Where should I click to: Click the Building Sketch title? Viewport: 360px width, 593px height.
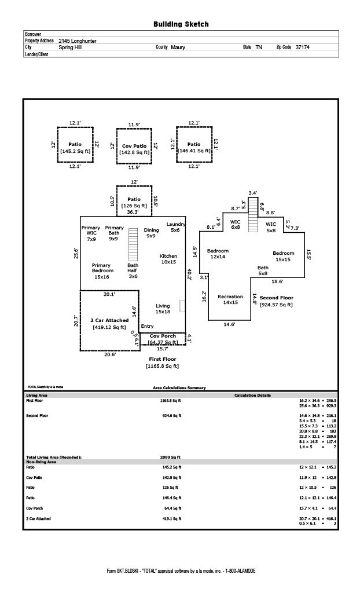click(181, 24)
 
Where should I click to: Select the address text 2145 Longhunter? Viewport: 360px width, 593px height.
click(78, 41)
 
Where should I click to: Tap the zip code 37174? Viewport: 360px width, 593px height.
click(302, 47)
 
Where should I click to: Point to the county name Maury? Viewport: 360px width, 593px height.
click(178, 47)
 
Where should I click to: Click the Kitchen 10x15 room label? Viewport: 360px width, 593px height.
click(168, 259)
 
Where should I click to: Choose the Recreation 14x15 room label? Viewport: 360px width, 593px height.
click(230, 299)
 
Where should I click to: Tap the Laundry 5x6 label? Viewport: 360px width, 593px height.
click(176, 227)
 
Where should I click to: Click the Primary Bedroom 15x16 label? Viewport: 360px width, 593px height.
click(102, 271)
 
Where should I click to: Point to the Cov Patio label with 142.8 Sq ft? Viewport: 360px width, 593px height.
click(134, 149)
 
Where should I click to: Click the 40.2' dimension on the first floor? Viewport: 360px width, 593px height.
click(189, 274)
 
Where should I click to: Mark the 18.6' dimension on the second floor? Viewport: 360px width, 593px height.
click(277, 281)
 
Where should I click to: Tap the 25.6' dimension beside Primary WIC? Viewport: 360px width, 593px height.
click(76, 254)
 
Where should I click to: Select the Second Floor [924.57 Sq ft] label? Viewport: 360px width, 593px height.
click(276, 301)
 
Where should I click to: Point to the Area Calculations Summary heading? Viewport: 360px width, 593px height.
click(175, 388)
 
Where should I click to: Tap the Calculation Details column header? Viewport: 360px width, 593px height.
click(252, 396)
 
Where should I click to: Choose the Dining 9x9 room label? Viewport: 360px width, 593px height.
click(151, 233)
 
